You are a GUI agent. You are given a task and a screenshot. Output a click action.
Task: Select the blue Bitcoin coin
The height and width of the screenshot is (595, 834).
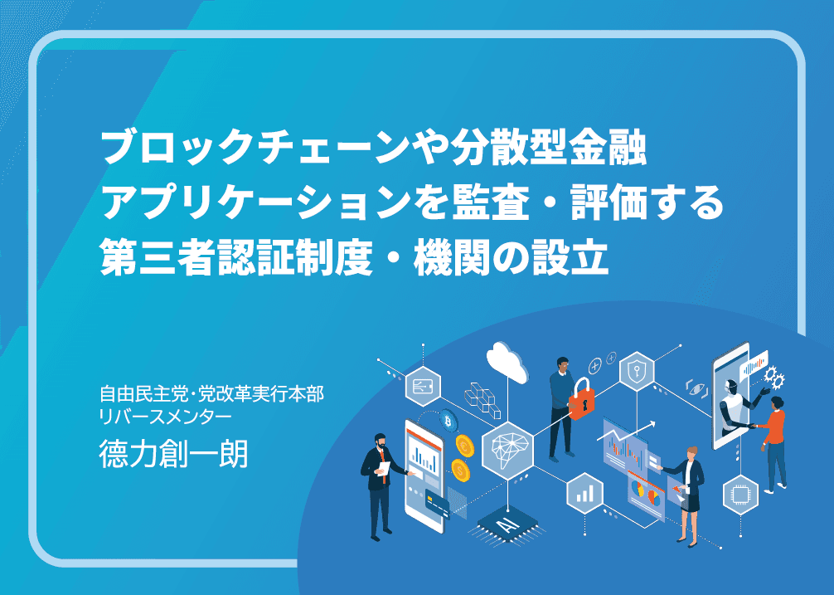pos(449,422)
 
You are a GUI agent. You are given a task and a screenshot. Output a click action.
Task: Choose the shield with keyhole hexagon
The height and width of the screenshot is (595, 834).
pos(637,371)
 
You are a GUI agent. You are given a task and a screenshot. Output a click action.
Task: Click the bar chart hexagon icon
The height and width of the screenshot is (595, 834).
pos(584,494)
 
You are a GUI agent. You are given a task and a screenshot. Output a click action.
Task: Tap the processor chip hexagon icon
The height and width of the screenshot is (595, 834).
pos(740,495)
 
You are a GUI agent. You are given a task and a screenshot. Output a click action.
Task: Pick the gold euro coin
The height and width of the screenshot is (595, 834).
pos(465,445)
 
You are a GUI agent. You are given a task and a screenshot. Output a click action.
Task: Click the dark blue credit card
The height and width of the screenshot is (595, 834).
pos(437,503)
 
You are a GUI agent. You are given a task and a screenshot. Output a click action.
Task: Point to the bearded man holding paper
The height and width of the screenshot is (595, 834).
pos(381,485)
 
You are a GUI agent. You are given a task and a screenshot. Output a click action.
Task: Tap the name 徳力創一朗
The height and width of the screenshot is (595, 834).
pos(173,455)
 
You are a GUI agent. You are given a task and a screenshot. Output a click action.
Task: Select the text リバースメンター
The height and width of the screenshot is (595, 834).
pos(166,417)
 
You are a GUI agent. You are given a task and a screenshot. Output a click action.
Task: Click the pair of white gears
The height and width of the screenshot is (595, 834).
pos(774,377)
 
